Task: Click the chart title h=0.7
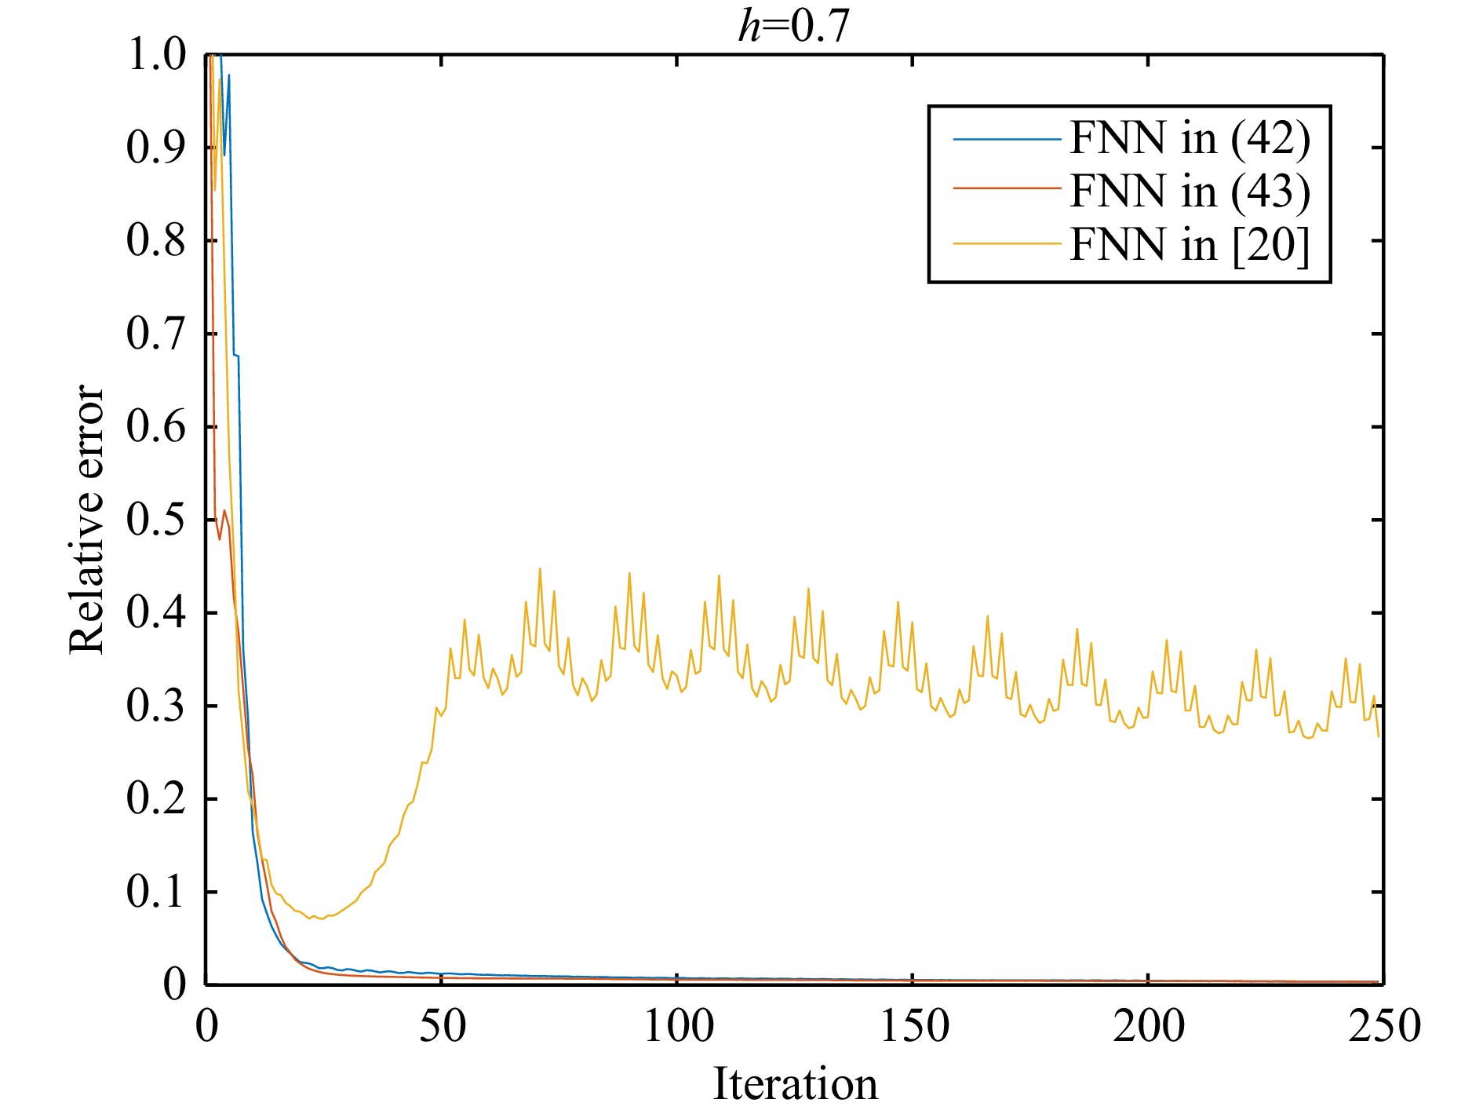[x=794, y=27]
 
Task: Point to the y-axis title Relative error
[x=86, y=519]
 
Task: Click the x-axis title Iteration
[x=795, y=1085]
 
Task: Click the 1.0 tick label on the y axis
[x=156, y=56]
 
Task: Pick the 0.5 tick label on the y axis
[x=156, y=520]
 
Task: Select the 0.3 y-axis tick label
[x=156, y=706]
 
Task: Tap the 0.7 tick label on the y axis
[x=156, y=334]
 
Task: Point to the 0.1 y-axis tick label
[x=156, y=892]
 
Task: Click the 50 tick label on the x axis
[x=442, y=1027]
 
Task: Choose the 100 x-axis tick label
[x=678, y=1027]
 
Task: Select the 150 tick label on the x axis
[x=913, y=1027]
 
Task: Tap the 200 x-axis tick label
[x=1149, y=1027]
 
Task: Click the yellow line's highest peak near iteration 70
[x=540, y=568]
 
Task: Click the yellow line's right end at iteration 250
[x=1379, y=736]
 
